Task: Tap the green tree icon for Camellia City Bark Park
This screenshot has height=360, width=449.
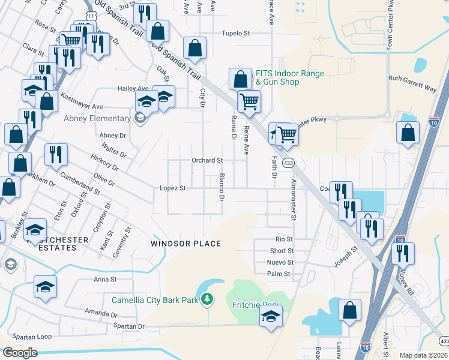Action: click(207, 298)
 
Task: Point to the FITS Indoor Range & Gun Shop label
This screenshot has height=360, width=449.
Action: click(290, 78)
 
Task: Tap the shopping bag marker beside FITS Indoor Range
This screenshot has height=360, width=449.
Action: click(240, 79)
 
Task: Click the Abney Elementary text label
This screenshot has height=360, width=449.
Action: click(97, 119)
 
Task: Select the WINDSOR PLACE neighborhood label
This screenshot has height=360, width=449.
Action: click(185, 244)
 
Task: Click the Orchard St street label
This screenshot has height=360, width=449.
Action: click(207, 160)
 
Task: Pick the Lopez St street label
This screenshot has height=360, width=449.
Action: click(173, 188)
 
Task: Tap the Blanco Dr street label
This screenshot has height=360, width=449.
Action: click(221, 187)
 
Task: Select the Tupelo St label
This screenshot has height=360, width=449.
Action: click(235, 34)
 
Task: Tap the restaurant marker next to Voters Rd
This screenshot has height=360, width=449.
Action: click(402, 253)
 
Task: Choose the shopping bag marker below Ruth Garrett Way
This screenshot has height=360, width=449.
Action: click(408, 133)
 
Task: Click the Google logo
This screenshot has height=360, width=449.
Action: click(20, 352)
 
